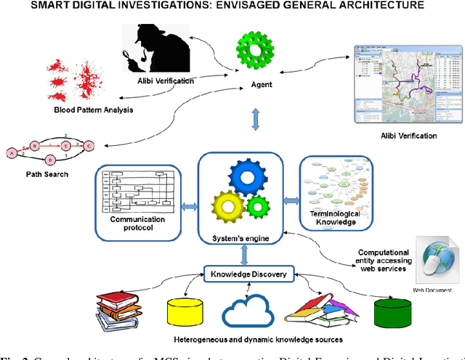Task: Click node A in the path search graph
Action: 12,152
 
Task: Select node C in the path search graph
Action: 89,145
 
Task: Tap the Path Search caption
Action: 46,174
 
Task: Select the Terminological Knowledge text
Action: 331,218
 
